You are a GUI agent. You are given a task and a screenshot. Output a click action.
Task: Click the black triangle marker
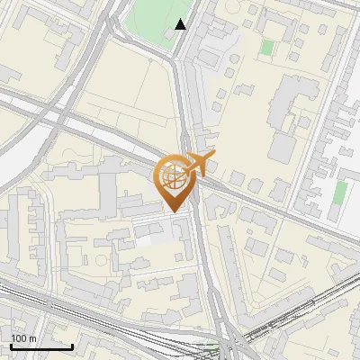tap(181, 24)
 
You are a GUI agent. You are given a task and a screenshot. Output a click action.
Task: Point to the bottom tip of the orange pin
tap(172, 210)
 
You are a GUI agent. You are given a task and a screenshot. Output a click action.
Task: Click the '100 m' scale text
tap(23, 337)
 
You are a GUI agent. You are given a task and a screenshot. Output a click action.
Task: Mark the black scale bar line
tap(40, 346)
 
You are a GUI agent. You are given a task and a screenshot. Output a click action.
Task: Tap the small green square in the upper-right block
tap(267, 47)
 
